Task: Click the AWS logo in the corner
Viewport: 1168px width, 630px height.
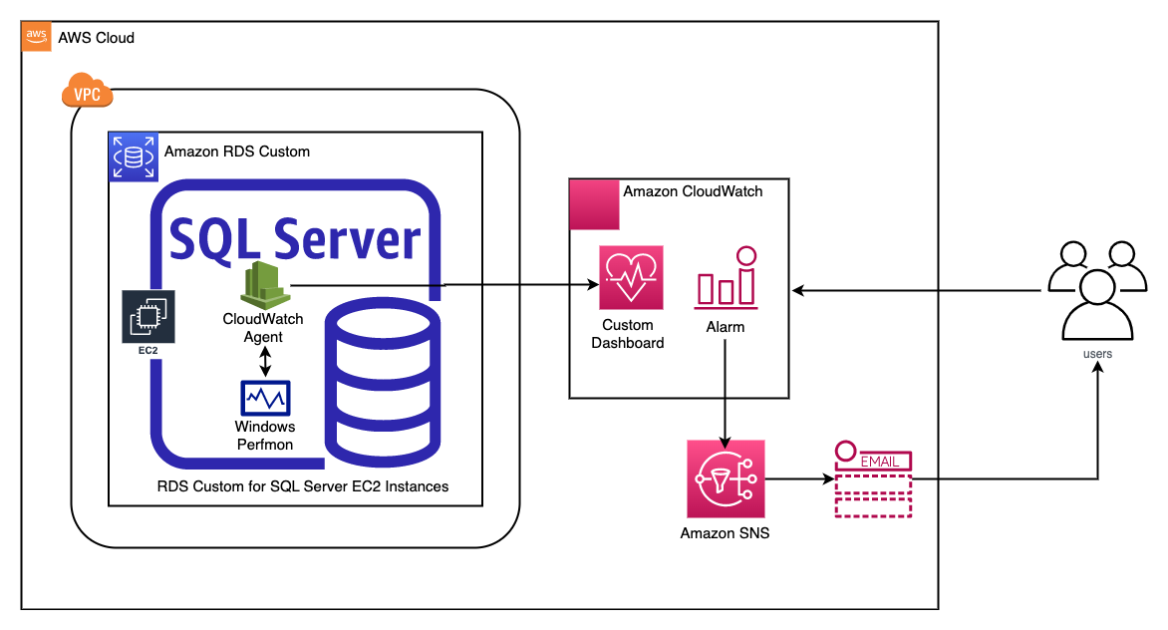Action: [x=37, y=37]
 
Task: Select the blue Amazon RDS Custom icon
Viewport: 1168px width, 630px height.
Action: [x=133, y=157]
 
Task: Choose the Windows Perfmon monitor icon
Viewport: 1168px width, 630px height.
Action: [x=264, y=398]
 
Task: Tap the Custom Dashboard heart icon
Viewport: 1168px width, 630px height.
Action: [x=631, y=280]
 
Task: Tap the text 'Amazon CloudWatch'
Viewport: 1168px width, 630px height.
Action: [x=693, y=191]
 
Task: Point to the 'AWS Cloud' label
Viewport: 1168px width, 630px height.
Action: [x=96, y=38]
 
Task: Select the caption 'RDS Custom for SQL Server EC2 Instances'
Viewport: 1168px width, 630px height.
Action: [x=303, y=487]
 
